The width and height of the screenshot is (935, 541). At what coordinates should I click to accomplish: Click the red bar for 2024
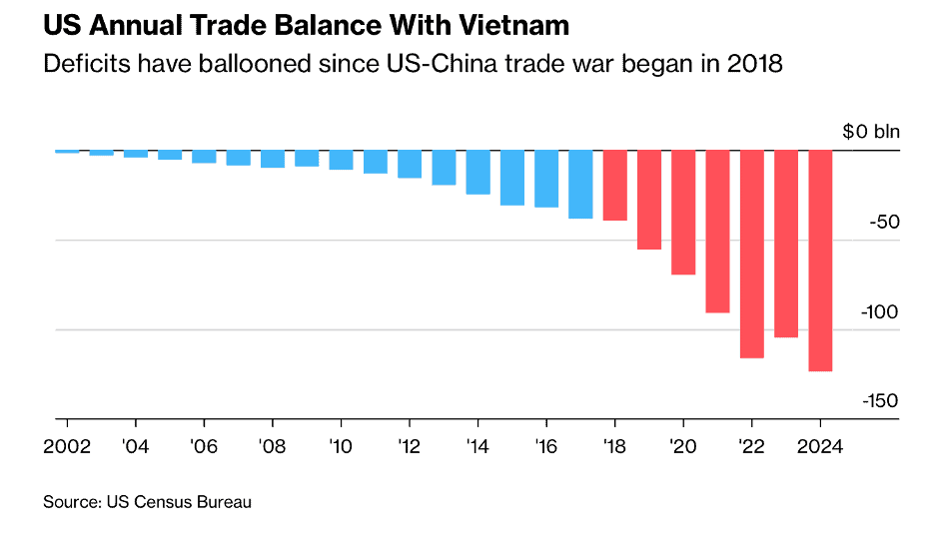(x=820, y=261)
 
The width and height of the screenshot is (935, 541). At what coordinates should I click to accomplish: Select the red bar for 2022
(x=751, y=254)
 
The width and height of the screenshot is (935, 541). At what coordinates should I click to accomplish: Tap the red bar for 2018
(x=614, y=185)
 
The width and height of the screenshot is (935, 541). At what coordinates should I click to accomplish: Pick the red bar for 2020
(x=683, y=212)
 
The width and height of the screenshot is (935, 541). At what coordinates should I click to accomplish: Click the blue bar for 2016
(x=546, y=179)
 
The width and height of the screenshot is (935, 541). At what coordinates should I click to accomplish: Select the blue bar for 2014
(x=477, y=172)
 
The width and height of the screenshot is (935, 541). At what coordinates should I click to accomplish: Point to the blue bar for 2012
(x=410, y=164)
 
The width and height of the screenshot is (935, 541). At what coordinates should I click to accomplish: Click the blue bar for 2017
(x=580, y=184)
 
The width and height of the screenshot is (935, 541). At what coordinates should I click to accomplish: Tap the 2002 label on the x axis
(x=67, y=446)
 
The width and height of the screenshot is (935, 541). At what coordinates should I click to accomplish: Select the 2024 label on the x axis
(x=820, y=446)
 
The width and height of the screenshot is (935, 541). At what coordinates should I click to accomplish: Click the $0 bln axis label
(x=870, y=132)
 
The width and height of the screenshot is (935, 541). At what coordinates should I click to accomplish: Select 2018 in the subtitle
(x=756, y=64)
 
